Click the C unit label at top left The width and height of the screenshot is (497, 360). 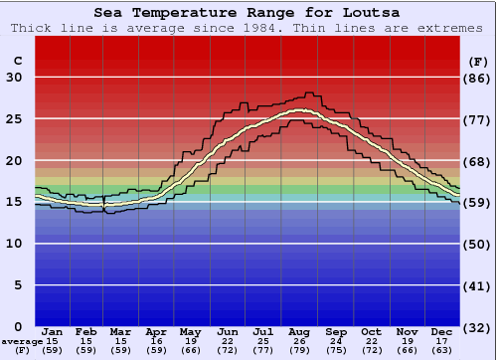point(17,61)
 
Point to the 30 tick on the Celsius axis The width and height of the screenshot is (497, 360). point(14,78)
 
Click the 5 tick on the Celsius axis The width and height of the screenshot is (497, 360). point(18,285)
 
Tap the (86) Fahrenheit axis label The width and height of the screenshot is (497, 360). point(478,78)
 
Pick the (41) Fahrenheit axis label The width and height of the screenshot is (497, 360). point(478,285)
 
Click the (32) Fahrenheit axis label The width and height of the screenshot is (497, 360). point(478,327)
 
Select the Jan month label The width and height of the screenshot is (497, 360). point(53,332)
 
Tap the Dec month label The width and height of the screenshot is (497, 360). point(442,332)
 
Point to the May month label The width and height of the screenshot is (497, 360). point(189,332)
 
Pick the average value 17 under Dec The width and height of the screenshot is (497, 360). point(442,341)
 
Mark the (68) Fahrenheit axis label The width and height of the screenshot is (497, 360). point(478,161)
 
